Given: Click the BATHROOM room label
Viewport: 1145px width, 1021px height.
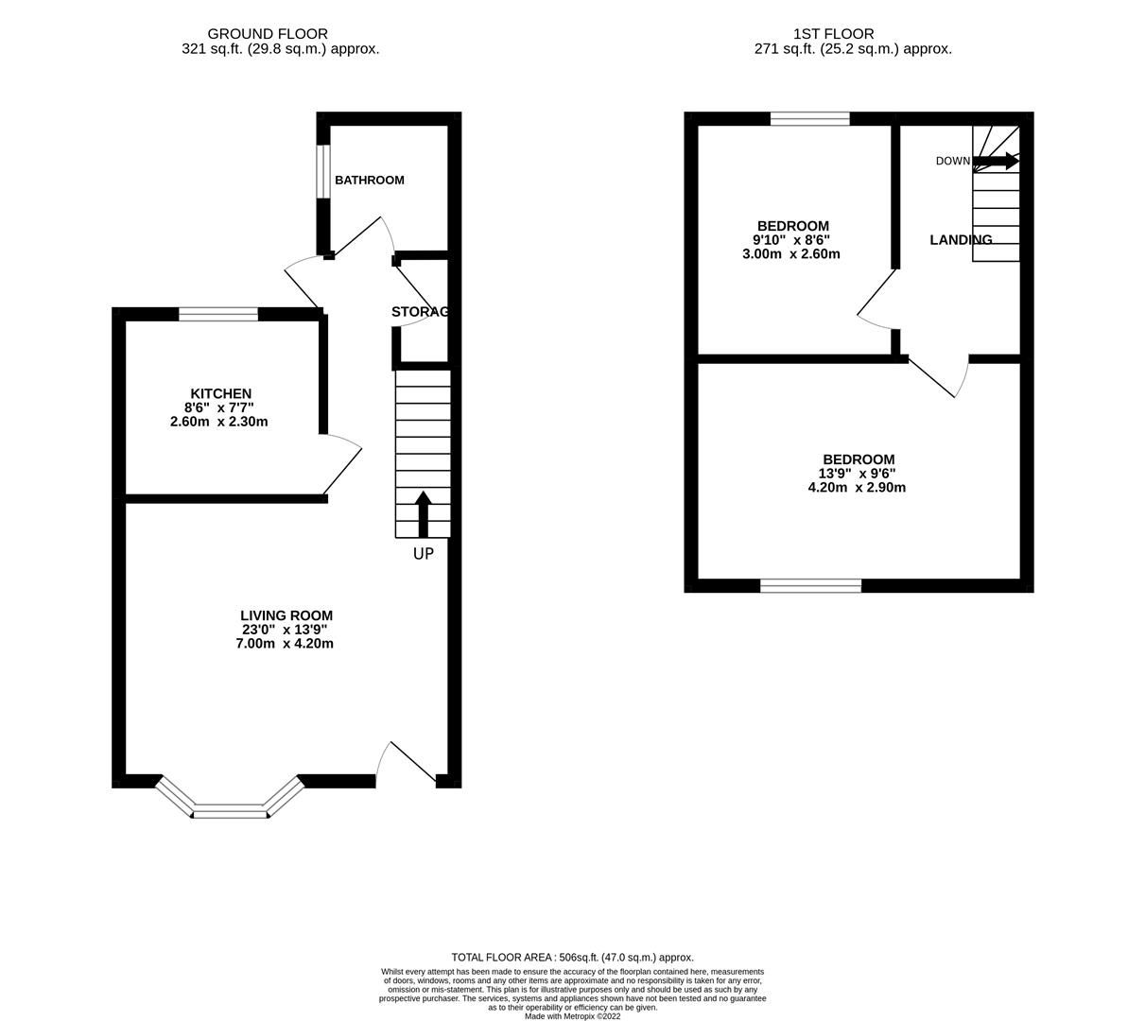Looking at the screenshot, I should [x=369, y=180].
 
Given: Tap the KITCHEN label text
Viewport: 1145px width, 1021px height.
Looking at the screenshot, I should [x=220, y=393].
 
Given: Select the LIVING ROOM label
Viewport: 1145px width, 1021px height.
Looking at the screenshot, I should [x=286, y=615].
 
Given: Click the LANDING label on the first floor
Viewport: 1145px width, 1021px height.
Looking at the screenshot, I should [x=961, y=240].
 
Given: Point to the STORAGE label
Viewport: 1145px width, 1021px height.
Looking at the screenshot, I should [x=419, y=312].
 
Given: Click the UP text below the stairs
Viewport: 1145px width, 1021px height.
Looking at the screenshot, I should [x=423, y=554].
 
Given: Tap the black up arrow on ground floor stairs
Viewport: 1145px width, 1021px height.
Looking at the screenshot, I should [x=423, y=514].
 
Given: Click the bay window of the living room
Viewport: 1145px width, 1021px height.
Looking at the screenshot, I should [x=231, y=809].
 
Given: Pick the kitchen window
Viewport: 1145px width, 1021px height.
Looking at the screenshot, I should [x=218, y=314].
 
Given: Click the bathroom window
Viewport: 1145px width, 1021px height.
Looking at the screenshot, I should [x=322, y=171].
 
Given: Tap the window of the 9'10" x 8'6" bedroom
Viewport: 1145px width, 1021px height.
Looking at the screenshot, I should [x=809, y=119].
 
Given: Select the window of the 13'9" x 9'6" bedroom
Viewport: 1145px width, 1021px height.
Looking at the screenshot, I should [x=810, y=586].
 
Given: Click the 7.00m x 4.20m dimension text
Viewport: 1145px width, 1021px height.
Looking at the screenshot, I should [x=284, y=644].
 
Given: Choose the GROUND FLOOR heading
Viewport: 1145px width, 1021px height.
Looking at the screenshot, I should [x=268, y=34].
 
